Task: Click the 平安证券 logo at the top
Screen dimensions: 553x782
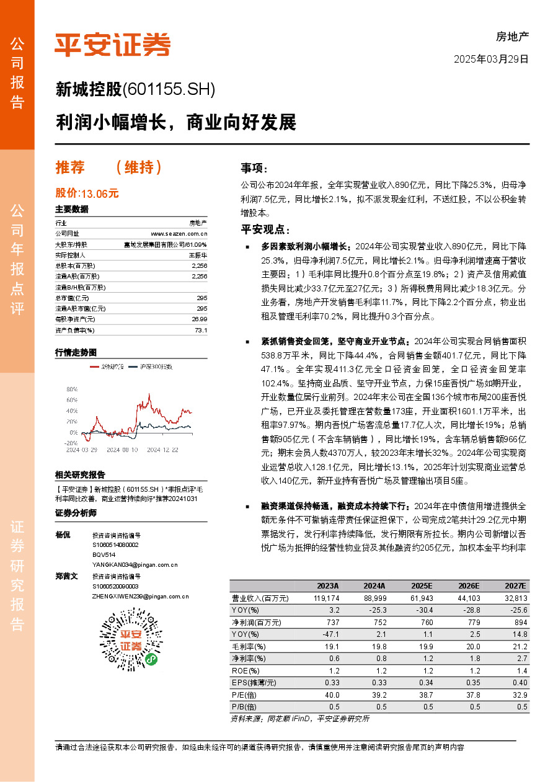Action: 112,44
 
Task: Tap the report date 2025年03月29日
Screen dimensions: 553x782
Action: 491,60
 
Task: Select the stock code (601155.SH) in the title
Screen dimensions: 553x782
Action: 169,90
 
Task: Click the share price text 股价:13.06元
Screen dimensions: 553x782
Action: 87,193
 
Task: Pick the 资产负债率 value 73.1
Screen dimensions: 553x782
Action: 200,331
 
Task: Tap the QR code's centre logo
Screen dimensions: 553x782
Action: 130,641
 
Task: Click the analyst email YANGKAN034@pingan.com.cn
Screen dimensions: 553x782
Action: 135,564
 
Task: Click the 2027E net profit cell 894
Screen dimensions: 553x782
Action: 520,622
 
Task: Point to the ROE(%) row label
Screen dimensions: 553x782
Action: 245,670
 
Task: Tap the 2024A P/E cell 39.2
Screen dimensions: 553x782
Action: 376,695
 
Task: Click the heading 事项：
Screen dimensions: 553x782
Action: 255,168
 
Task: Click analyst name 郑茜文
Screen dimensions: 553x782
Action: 67,576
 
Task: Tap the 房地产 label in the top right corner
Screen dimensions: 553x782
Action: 512,37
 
